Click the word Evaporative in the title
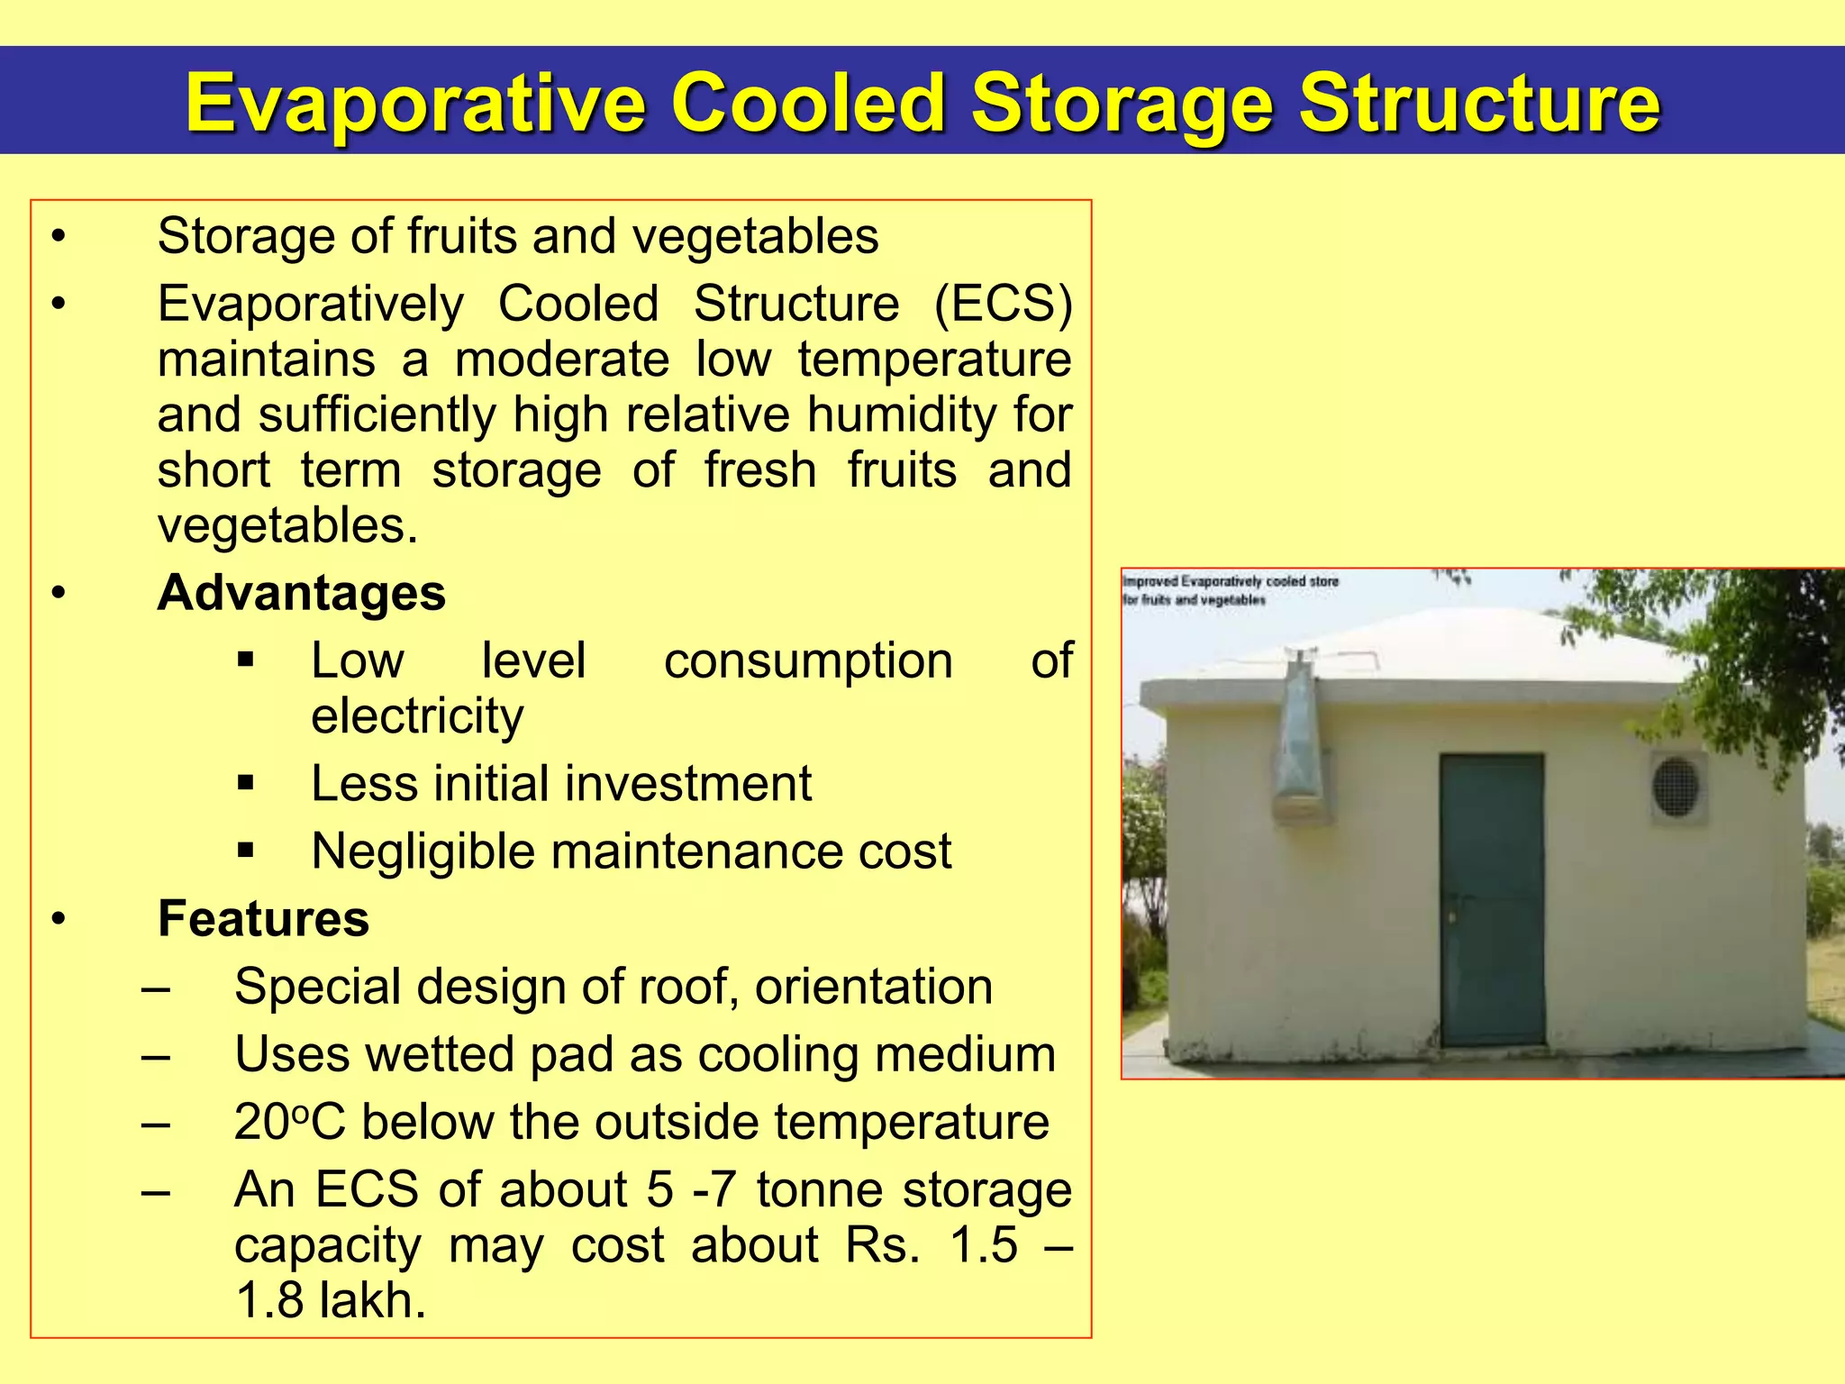pos(415,105)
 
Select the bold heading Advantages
pos(302,593)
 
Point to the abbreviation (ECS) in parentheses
pos(1003,304)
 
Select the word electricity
pos(417,716)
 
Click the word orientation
pos(874,987)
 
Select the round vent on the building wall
pos(1676,787)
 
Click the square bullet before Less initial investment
pos(246,783)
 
